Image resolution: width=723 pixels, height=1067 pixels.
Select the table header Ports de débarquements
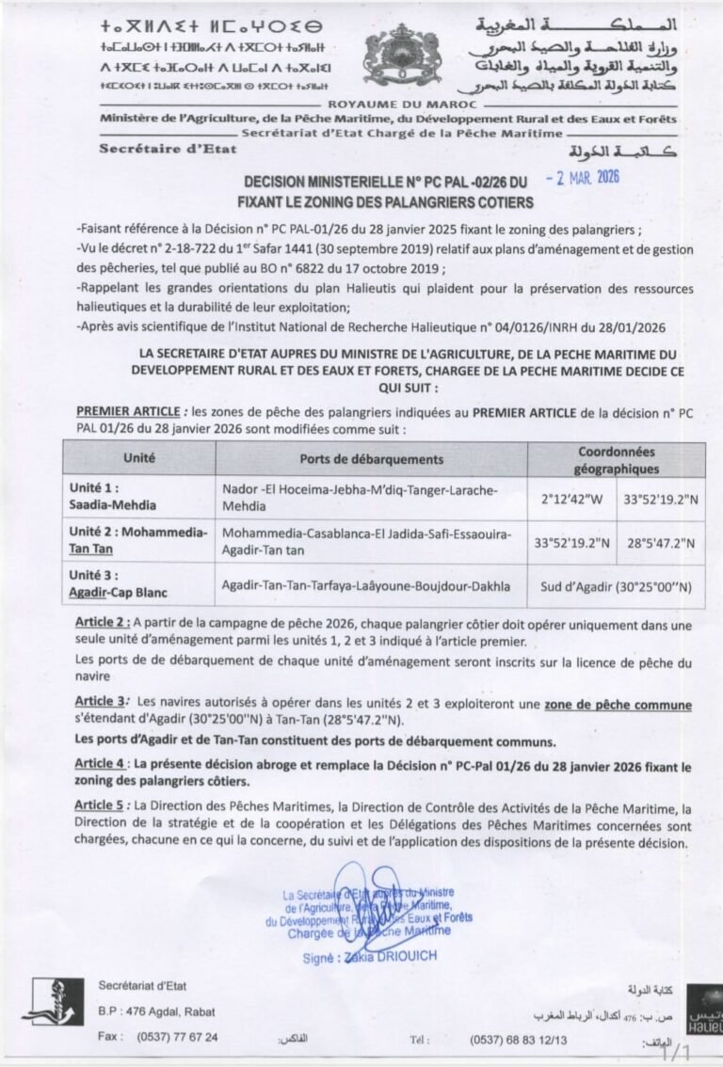(371, 459)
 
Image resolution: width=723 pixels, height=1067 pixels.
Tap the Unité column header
(139, 458)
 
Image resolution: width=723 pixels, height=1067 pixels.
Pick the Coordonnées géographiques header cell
(618, 459)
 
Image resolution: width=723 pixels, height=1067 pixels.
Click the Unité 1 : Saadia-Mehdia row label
(107, 497)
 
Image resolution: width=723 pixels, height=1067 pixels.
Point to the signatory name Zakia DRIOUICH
(396, 956)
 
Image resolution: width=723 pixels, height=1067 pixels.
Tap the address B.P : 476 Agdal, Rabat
(156, 1011)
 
